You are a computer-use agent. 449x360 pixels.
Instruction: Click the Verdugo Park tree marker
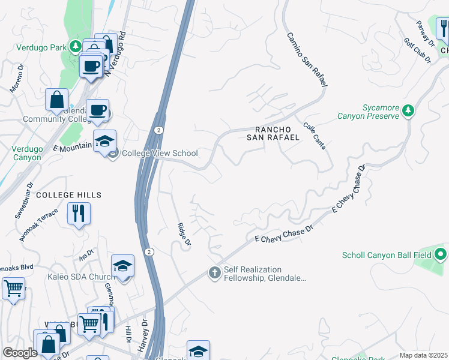click(76, 46)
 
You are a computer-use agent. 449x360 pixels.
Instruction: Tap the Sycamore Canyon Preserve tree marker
click(408, 110)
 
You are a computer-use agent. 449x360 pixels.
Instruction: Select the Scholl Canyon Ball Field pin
click(441, 255)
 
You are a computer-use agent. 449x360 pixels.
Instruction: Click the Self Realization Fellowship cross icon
click(214, 273)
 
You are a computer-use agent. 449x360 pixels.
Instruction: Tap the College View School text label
click(160, 153)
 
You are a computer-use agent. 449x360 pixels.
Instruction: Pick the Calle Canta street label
click(318, 136)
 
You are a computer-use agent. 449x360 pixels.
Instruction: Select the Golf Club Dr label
click(417, 51)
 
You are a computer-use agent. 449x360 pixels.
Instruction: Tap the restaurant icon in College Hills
click(79, 213)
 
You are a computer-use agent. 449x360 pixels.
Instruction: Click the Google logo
click(20, 353)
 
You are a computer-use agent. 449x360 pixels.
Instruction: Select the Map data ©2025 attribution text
click(424, 355)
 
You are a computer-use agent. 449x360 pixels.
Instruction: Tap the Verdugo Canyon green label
click(27, 153)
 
